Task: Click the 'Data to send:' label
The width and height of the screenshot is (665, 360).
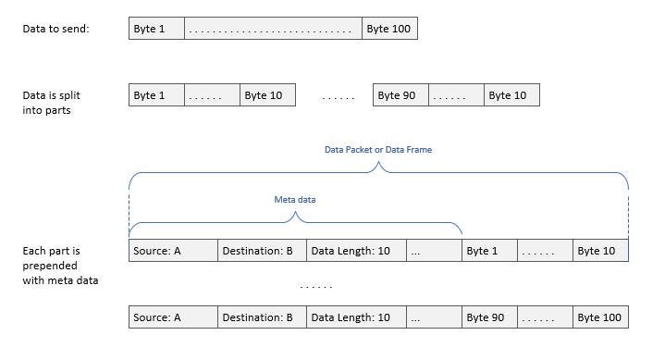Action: coord(55,29)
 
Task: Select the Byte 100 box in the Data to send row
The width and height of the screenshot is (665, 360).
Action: coord(389,29)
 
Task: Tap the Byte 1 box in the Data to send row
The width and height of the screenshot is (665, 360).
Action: coord(156,29)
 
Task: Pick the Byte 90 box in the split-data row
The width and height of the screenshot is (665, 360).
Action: coord(401,95)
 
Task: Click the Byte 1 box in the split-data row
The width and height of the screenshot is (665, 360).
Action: coord(156,95)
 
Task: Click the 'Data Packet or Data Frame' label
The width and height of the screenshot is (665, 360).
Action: coord(377,149)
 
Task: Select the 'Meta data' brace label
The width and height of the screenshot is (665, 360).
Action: coord(294,200)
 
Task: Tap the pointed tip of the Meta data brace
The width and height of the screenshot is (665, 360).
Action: coord(295,215)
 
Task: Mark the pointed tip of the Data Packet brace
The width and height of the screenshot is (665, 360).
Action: coord(377,165)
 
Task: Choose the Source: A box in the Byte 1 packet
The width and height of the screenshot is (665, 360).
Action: coord(173,251)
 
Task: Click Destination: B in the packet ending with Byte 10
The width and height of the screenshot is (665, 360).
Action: coord(262,251)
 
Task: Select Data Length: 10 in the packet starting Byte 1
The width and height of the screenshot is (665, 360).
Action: coord(354,251)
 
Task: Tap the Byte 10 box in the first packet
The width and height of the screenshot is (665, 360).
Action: coord(600,251)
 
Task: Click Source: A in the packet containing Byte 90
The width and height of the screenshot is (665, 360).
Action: coord(173,317)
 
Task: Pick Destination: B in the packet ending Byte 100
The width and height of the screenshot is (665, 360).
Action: coord(262,317)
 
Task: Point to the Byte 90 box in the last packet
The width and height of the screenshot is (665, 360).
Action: coord(489,317)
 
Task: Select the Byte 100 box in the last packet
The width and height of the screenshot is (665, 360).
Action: coord(600,317)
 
